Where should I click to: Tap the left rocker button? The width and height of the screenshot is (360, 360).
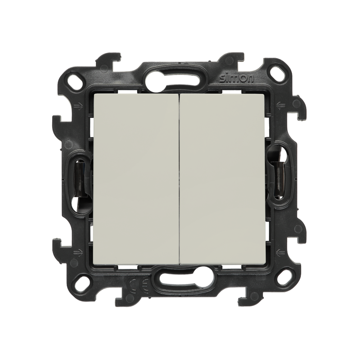[136, 179]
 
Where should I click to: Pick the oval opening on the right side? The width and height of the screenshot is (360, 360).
[279, 175]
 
